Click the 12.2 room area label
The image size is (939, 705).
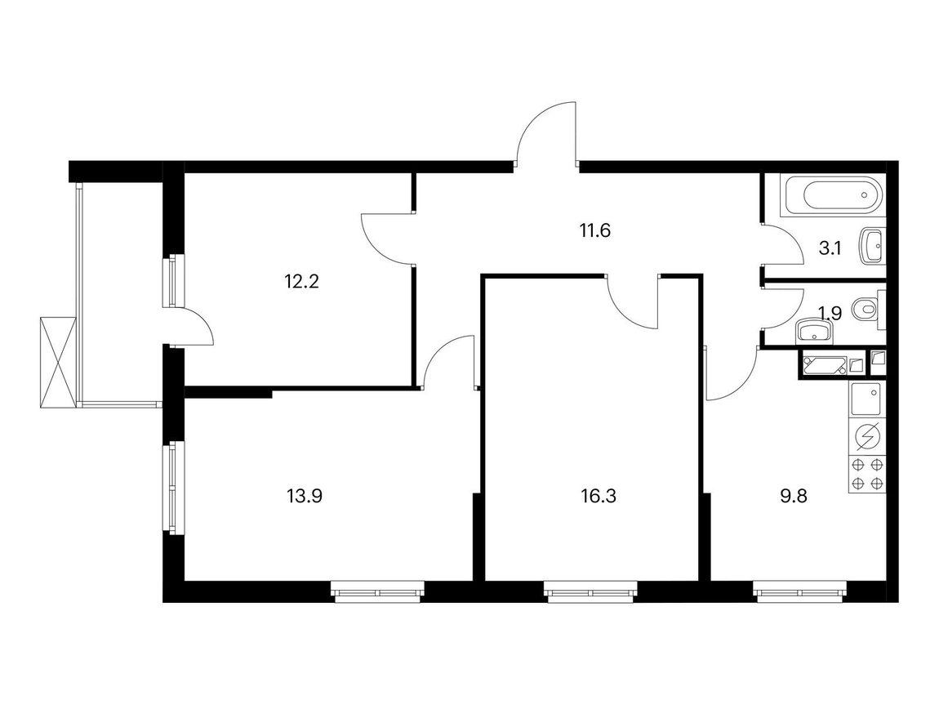301,281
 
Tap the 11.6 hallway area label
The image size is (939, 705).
594,230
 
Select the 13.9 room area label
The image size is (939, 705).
305,496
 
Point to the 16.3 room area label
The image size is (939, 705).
599,496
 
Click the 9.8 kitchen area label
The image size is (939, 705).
794,496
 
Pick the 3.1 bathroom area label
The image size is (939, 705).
830,248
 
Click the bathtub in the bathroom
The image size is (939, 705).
832,194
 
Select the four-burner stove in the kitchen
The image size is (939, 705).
867,475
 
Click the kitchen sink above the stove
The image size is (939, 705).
867,399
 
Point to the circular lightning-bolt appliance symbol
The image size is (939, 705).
867,437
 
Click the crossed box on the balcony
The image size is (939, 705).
58,363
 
